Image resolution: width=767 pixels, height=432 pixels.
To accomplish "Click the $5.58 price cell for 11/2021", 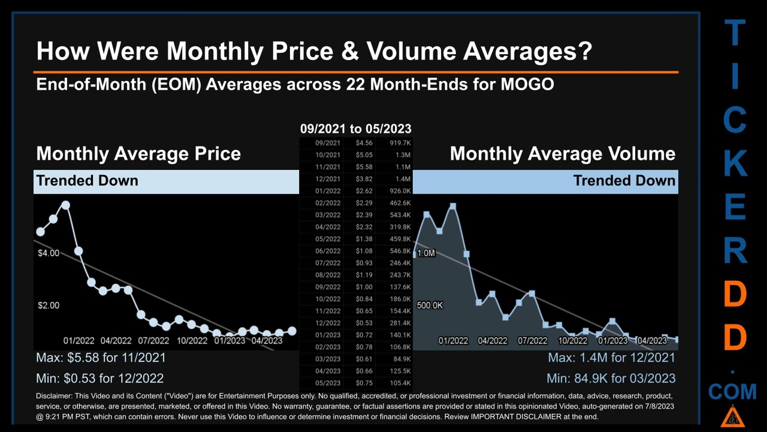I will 364,167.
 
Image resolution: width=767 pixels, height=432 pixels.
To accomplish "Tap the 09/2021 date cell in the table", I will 328,143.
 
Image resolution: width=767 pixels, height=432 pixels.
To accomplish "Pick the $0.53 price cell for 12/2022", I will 364,323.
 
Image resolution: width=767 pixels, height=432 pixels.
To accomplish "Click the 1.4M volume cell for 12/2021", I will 402,179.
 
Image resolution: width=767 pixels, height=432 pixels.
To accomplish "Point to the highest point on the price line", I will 65,205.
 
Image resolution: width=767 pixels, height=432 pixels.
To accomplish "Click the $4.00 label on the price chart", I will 49,253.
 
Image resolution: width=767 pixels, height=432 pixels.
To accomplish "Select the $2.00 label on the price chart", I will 49,305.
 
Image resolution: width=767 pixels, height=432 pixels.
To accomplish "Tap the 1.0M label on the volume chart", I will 426,253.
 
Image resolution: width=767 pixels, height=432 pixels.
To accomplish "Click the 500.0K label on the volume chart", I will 430,305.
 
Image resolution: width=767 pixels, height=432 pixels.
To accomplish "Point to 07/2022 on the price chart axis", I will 153,341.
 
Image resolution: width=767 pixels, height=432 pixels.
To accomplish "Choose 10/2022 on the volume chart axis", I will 573,341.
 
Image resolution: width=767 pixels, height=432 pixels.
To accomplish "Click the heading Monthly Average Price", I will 138,154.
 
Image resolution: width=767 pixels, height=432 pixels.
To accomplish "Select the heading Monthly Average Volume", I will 562,154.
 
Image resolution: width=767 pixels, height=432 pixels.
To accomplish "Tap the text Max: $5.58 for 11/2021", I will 101,358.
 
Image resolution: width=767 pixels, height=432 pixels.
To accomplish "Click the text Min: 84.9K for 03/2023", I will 611,379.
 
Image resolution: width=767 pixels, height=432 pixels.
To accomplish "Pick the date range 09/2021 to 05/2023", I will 355,128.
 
